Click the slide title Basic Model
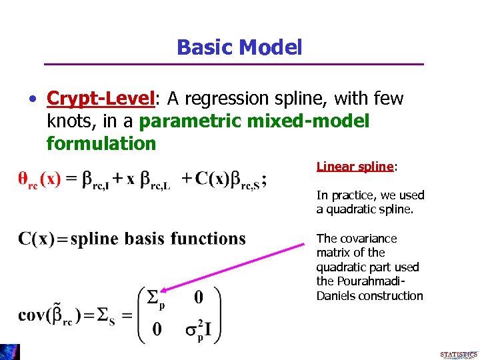click(x=239, y=47)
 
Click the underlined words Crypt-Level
click(x=101, y=99)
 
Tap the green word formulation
click(x=101, y=143)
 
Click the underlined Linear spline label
click(x=354, y=167)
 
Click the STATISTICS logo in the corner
click(x=459, y=354)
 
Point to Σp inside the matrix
click(x=156, y=296)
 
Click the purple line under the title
click(x=234, y=64)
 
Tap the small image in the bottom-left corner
click(x=9, y=352)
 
